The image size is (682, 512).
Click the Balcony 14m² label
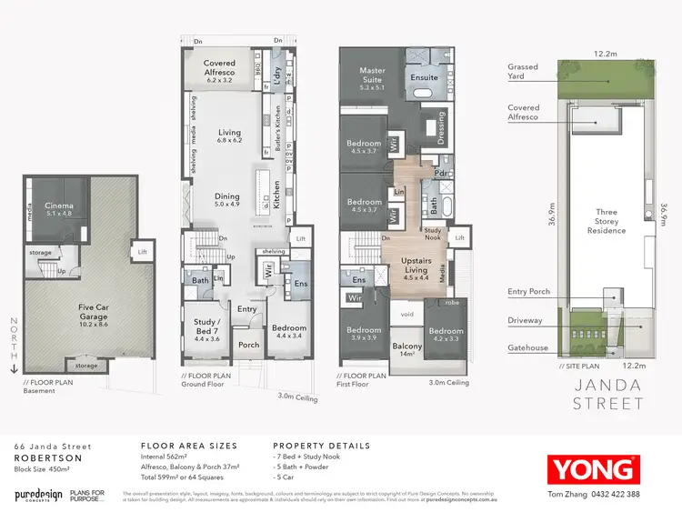407,350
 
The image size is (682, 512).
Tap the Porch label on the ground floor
247,345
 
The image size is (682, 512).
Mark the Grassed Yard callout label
523,71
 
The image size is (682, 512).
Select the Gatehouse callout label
528,349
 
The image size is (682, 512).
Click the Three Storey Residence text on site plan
607,221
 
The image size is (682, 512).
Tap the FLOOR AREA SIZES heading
188,446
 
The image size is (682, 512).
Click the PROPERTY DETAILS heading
321,446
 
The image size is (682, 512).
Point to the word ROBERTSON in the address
43,459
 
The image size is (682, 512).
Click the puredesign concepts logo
38,495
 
